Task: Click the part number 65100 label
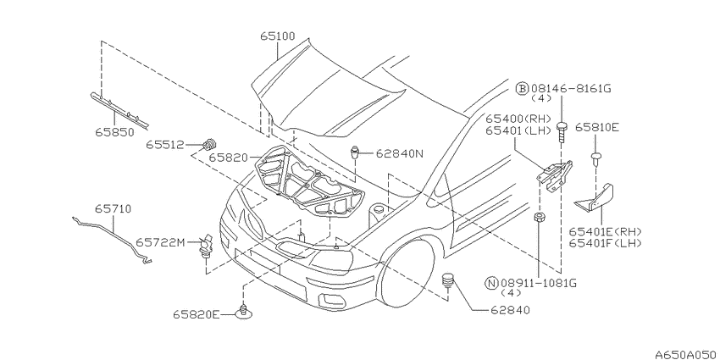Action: tap(277, 36)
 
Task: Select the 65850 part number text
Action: tap(115, 133)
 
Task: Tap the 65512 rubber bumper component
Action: tap(209, 144)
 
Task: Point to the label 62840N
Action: tap(400, 154)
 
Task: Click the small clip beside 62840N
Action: tap(355, 152)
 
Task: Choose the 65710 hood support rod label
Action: tap(113, 209)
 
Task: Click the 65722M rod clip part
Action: tap(205, 247)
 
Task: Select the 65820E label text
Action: tap(196, 314)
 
